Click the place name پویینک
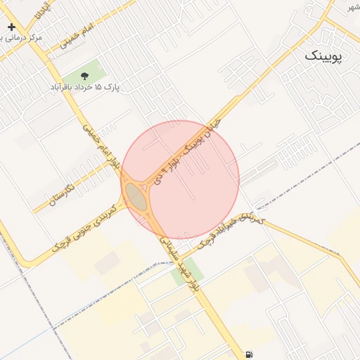click(x=324, y=57)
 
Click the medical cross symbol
click(x=11, y=27)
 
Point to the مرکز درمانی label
click(x=21, y=37)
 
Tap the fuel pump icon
click(x=249, y=354)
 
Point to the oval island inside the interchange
click(x=136, y=196)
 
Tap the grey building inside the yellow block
click(x=107, y=264)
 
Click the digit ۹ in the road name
click(x=169, y=168)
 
